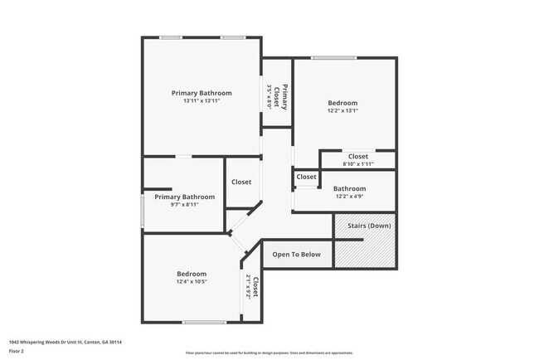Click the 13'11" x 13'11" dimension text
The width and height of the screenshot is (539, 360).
pos(202,100)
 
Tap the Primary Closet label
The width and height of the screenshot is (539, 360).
pos(283,97)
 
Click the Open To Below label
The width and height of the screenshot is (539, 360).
pos(296,255)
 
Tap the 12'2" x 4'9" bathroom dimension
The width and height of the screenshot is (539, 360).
pos(349,197)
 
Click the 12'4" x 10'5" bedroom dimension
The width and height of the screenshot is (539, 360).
pos(192,282)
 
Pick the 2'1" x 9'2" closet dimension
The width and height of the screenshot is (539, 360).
pos(248,287)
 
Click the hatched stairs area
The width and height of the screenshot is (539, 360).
pos(365,249)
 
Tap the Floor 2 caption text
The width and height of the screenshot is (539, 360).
pos(17,350)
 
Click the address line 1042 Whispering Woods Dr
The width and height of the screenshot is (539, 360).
pos(60,341)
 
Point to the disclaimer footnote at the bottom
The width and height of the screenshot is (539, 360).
pos(269,353)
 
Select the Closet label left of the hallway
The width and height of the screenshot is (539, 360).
pos(241,182)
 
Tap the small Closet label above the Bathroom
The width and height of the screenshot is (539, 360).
pos(306,177)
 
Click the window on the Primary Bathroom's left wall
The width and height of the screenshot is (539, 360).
pos(142,211)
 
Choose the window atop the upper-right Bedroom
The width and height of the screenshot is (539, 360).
pos(334,57)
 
